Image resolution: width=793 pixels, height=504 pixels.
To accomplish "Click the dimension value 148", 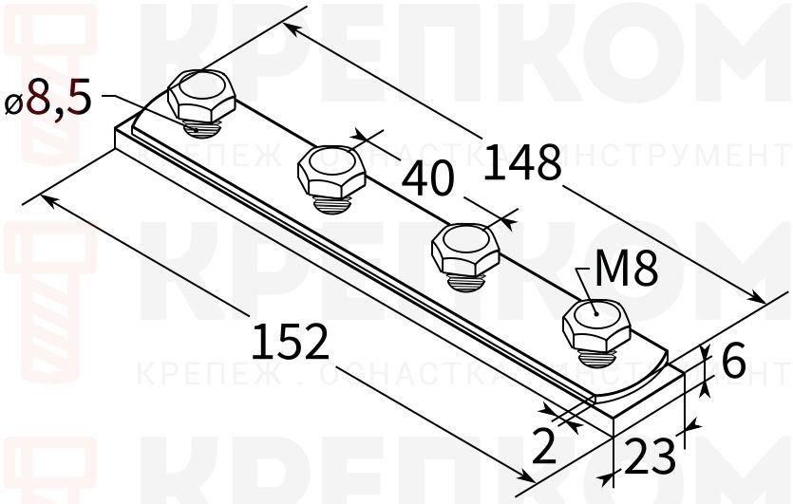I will pyautogui.click(x=523, y=162).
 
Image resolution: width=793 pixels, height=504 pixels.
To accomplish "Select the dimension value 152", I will pyautogui.click(x=292, y=341).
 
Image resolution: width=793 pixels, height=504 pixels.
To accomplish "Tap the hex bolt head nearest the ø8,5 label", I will pyautogui.click(x=200, y=93).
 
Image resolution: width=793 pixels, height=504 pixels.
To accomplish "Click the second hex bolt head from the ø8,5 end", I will pyautogui.click(x=330, y=167).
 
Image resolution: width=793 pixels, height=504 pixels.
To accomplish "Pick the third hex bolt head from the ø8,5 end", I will pyautogui.click(x=464, y=246).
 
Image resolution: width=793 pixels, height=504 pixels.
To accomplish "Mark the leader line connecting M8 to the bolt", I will pyautogui.click(x=589, y=289).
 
